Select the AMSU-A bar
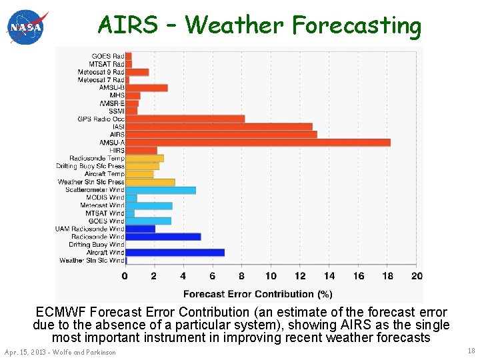(257, 143)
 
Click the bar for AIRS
(221, 135)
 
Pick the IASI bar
(219, 127)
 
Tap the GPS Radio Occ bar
(185, 119)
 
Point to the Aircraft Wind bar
(175, 253)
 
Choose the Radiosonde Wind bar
(163, 237)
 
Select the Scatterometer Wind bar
(161, 190)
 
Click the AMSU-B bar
(146, 87)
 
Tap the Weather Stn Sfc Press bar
(150, 182)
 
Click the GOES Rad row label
(107, 56)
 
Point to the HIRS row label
(117, 151)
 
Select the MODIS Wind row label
(106, 197)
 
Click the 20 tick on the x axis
(417, 276)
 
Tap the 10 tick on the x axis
(271, 276)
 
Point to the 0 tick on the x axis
(125, 276)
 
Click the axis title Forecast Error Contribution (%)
(257, 294)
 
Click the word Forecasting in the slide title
(357, 25)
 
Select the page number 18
(471, 351)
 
